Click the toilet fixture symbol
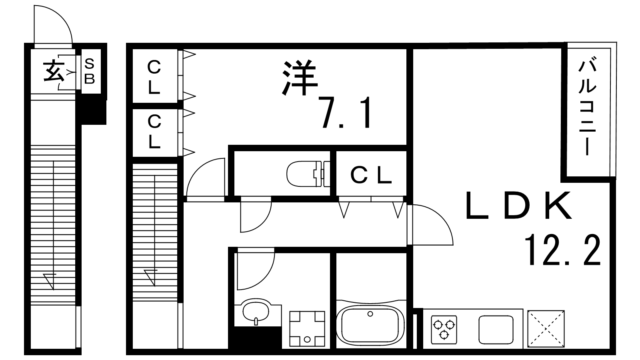[x=308, y=174]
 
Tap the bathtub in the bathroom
[x=370, y=326]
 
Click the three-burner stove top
[x=444, y=330]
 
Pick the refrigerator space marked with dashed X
[x=546, y=329]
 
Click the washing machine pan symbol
[x=307, y=329]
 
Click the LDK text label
[x=518, y=206]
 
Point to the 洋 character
[x=300, y=78]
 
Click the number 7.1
[x=345, y=113]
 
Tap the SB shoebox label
[x=90, y=72]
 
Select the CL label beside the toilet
[x=371, y=175]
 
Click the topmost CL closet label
[x=154, y=77]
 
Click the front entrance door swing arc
[x=62, y=17]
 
